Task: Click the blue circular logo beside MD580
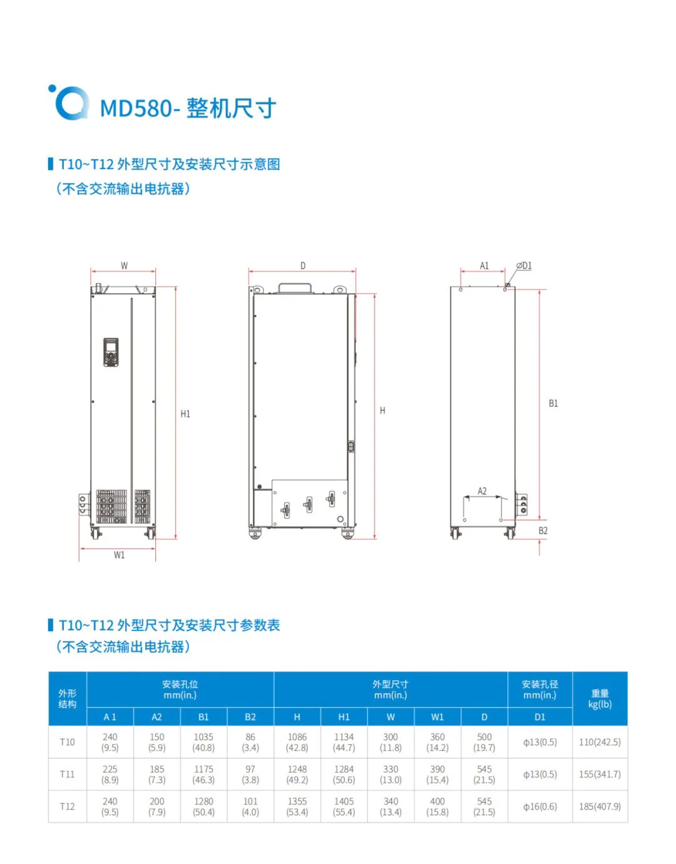coord(68,102)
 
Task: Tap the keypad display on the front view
coord(111,352)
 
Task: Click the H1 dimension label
coord(185,414)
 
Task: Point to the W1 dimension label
coord(119,555)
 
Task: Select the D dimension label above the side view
coord(303,266)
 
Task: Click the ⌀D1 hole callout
coord(525,266)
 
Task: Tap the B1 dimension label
coord(553,404)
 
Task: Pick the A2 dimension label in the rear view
coord(482,491)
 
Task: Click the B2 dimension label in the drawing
coord(543,531)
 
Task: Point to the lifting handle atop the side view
coord(295,287)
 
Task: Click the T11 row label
coord(67,774)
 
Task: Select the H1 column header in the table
coord(344,717)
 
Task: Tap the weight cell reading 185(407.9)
coord(600,806)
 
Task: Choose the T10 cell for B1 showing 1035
coord(203,742)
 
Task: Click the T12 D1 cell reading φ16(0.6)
coord(540,806)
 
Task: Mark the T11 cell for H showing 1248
coord(297,774)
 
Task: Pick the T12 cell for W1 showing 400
coord(438,806)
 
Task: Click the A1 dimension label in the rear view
coord(484,266)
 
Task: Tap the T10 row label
coord(67,742)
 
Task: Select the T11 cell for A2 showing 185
coord(156,774)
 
